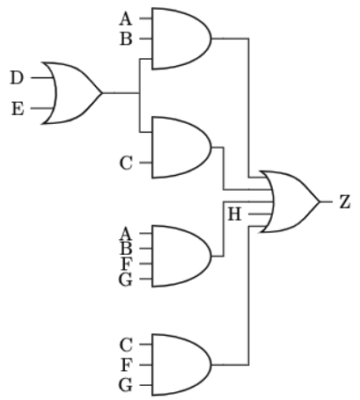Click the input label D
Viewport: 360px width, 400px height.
click(17, 78)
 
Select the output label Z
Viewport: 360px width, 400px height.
click(345, 202)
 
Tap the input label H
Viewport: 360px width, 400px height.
click(235, 214)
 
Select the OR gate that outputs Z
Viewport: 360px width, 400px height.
click(291, 202)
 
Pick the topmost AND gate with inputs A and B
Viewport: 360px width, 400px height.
click(180, 39)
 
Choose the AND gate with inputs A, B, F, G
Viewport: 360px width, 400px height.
click(180, 256)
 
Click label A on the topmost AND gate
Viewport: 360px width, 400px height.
click(125, 18)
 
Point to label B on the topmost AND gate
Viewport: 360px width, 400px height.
click(125, 40)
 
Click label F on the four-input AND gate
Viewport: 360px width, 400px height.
click(125, 264)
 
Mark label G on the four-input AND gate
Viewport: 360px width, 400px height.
click(125, 279)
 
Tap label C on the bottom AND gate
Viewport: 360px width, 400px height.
click(125, 344)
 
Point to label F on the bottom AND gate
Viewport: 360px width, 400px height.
click(125, 365)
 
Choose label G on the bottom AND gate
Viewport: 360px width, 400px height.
click(125, 386)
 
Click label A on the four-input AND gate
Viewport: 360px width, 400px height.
click(125, 234)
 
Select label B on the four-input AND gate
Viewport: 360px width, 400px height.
click(125, 249)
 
